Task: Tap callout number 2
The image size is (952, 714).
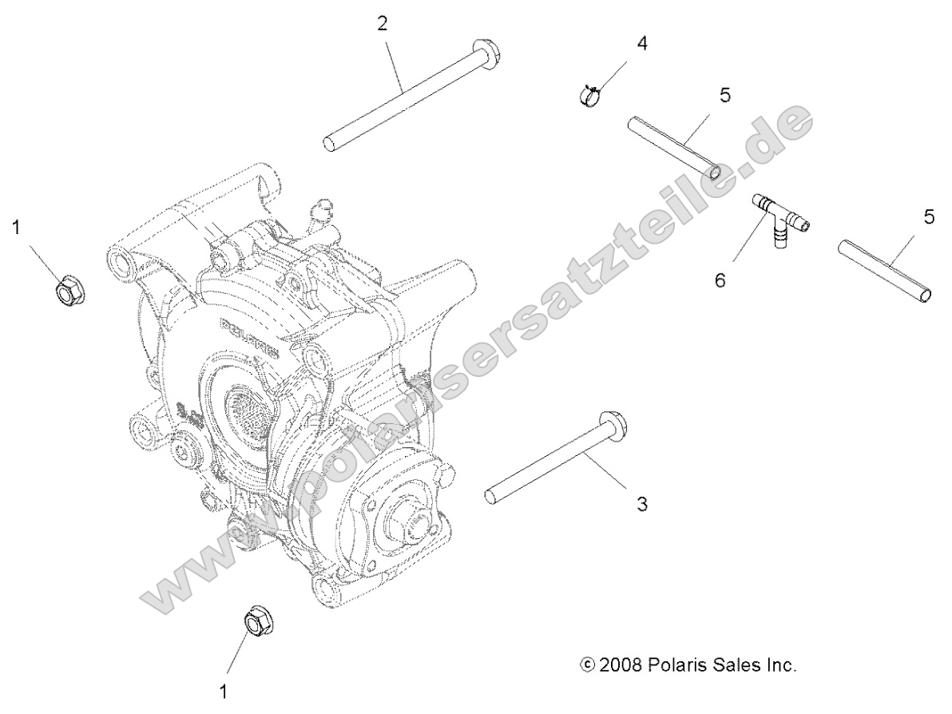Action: tap(383, 23)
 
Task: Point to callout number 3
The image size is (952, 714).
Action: tap(642, 504)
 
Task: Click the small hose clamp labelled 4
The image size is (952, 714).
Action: tap(589, 95)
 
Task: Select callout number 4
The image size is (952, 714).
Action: tap(641, 43)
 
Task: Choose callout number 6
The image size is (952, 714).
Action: tap(720, 281)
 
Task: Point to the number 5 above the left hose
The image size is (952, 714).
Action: tap(724, 95)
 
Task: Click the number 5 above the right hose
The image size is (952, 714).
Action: tap(929, 217)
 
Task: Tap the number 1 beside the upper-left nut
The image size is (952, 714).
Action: tap(15, 229)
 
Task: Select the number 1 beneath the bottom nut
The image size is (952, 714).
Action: tap(224, 690)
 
